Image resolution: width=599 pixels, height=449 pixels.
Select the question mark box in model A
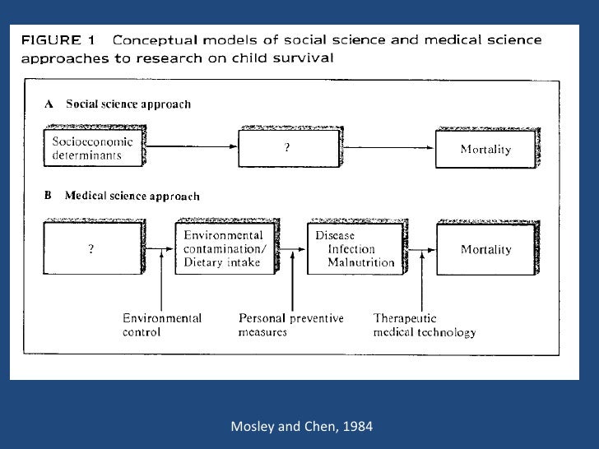coord(286,148)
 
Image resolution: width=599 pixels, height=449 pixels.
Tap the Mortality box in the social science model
coord(485,149)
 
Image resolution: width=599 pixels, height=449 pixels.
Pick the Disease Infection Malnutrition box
coord(354,249)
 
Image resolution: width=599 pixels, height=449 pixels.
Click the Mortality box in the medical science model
coord(485,249)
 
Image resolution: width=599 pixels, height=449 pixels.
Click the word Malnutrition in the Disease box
coord(361,263)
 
